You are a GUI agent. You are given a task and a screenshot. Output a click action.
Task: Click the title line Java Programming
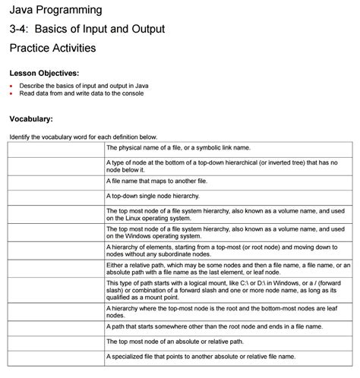pos(55,10)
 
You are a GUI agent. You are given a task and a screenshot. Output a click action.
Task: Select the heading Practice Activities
pos(52,48)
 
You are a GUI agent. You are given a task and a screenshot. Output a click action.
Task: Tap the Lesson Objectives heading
pos(44,73)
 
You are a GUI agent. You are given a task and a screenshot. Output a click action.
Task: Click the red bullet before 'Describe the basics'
pos(11,86)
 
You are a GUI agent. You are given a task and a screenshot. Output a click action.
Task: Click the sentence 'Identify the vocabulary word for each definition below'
pos(83,136)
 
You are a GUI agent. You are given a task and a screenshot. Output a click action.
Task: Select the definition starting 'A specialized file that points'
pos(201,355)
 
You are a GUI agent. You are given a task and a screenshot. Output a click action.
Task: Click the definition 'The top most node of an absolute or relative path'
pos(175,341)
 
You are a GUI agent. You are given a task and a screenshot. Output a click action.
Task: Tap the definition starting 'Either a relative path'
pos(228,265)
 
